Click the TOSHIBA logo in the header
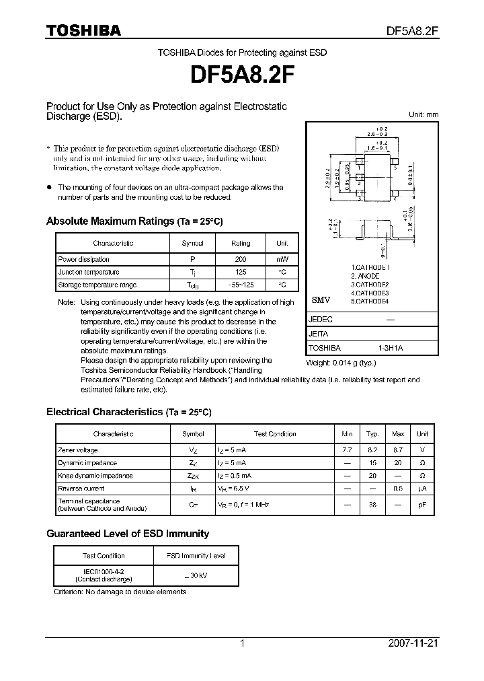pyautogui.click(x=83, y=30)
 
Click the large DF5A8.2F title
pyautogui.click(x=242, y=76)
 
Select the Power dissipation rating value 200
pyautogui.click(x=240, y=259)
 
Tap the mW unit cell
pyautogui.click(x=282, y=259)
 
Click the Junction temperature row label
pyautogui.click(x=89, y=272)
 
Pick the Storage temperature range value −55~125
pyautogui.click(x=240, y=285)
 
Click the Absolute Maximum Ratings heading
pyautogui.click(x=134, y=221)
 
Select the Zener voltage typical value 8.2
pyautogui.click(x=372, y=450)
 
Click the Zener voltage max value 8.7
pyautogui.click(x=398, y=450)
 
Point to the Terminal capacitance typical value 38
pyautogui.click(x=372, y=504)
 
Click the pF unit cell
pyautogui.click(x=422, y=504)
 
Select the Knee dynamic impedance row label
pyautogui.click(x=95, y=475)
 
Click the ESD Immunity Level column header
pyautogui.click(x=196, y=555)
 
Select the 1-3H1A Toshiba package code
pyautogui.click(x=390, y=348)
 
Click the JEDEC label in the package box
pyautogui.click(x=320, y=320)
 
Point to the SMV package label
pyautogui.click(x=321, y=301)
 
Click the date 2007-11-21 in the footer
pyautogui.click(x=413, y=643)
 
